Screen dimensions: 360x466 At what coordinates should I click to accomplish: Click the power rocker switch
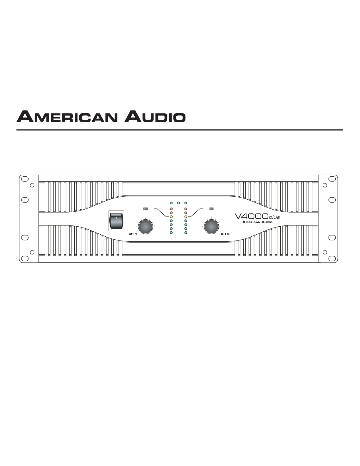(x=116, y=221)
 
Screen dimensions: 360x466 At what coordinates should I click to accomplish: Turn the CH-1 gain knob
(x=145, y=227)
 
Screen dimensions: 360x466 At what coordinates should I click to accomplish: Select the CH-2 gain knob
(x=212, y=227)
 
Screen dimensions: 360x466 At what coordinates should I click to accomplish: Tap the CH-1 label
(x=133, y=234)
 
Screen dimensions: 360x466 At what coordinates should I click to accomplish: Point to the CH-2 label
(x=225, y=234)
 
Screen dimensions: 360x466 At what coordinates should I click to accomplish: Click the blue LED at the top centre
(x=178, y=203)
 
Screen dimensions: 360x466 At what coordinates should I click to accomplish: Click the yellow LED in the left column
(x=171, y=217)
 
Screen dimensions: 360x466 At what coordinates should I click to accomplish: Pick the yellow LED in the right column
(x=186, y=217)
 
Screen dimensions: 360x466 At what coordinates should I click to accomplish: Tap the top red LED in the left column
(x=171, y=209)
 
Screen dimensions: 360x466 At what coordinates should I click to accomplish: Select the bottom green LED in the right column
(x=186, y=233)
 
